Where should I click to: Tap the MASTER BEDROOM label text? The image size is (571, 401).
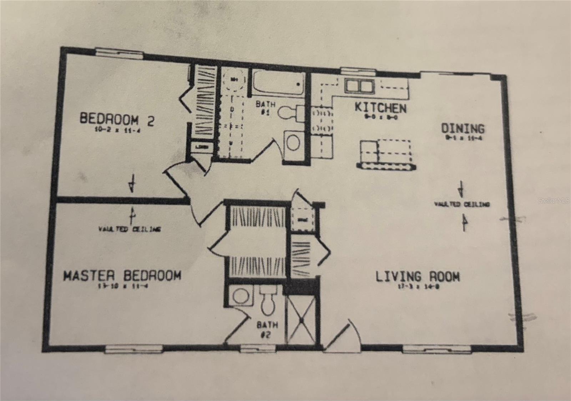coord(122,276)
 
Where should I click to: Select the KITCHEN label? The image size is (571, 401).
coord(380,107)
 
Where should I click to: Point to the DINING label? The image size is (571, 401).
coord(463,129)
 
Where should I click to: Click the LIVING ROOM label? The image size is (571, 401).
coord(418,277)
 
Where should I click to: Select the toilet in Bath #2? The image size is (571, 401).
coord(268,304)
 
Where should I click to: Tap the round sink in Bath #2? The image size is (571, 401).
coord(241,296)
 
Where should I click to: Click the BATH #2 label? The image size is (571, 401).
coord(267,329)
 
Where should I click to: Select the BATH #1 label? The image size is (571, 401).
coord(266,108)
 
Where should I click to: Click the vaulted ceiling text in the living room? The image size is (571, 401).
coord(462,204)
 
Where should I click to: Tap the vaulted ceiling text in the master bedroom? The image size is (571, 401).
coord(129,229)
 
